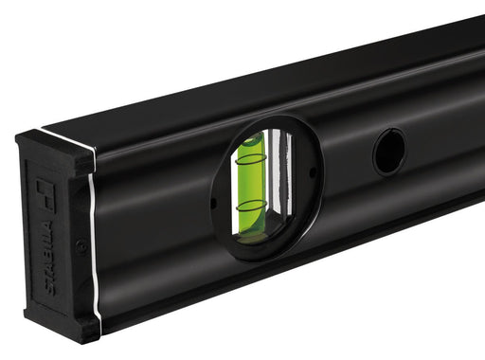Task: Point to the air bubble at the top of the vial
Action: [x=250, y=142]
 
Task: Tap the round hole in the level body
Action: [x=388, y=152]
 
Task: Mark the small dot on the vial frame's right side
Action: [x=314, y=173]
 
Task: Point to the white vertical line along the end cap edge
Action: [x=93, y=237]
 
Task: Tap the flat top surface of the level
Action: [x=284, y=85]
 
